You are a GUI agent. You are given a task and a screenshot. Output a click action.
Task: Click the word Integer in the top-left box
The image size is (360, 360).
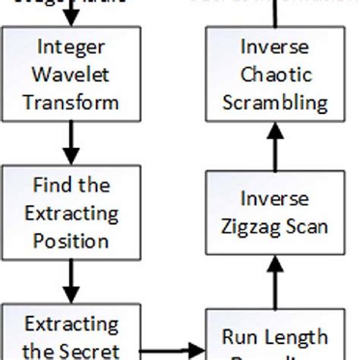(71, 46)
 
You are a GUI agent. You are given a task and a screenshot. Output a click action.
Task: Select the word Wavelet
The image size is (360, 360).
(71, 74)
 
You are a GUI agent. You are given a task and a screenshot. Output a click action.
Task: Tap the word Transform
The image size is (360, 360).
(71, 102)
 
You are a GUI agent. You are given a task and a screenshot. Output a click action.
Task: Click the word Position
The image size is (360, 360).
(71, 241)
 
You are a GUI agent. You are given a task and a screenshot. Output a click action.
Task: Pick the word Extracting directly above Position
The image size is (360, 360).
(71, 213)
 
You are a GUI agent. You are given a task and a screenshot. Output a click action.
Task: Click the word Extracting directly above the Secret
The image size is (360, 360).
(71, 324)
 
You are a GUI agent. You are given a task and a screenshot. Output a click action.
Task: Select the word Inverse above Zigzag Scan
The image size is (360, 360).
(274, 199)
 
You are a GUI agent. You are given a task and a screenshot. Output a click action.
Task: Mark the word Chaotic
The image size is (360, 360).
(274, 74)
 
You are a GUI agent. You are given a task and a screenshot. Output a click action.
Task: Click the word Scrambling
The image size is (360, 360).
(274, 102)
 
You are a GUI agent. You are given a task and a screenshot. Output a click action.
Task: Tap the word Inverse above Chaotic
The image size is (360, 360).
(274, 46)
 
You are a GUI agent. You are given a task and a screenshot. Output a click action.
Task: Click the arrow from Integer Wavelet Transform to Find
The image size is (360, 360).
(71, 144)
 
